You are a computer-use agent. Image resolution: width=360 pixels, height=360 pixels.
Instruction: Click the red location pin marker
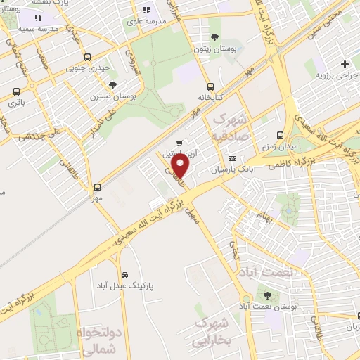[x=181, y=167]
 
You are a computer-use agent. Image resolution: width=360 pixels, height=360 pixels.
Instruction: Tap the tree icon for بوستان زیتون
[x=214, y=37]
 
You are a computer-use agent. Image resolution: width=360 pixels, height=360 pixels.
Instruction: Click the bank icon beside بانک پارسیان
[x=231, y=159]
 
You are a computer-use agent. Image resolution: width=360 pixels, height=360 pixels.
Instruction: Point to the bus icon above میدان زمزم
[x=281, y=134]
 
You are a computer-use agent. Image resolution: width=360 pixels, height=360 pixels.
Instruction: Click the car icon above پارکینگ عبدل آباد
[x=124, y=274]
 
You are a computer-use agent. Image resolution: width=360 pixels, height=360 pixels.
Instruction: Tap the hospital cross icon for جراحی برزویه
[x=344, y=65]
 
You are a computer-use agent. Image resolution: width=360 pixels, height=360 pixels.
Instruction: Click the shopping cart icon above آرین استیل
[x=188, y=142]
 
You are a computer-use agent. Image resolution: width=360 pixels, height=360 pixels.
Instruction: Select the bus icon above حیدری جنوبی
[x=86, y=58]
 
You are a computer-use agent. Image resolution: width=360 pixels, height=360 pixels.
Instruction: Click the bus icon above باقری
[x=16, y=91]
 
